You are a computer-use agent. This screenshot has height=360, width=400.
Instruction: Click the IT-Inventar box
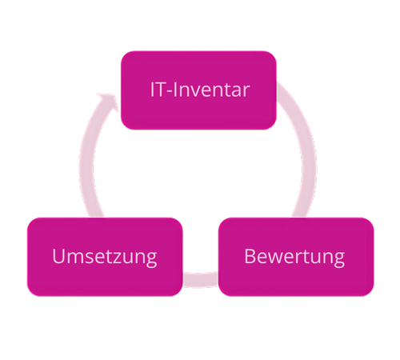198,90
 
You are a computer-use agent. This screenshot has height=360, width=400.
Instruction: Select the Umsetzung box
105,257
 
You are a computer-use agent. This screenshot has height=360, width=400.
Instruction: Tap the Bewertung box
296,257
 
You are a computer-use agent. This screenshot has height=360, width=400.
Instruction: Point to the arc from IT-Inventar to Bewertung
306,150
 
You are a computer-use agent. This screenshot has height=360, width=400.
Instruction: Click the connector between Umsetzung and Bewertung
201,279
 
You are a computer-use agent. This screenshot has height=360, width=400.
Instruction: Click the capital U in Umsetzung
59,256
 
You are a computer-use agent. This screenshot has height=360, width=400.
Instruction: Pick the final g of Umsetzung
151,260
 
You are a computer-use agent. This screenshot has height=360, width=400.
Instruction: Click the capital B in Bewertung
250,256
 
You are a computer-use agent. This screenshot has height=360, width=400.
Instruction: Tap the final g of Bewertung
339,260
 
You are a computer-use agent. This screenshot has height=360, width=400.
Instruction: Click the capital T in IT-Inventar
161,90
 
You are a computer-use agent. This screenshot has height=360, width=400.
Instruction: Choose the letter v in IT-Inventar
194,91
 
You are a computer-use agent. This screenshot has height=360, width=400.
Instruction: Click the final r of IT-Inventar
246,91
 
